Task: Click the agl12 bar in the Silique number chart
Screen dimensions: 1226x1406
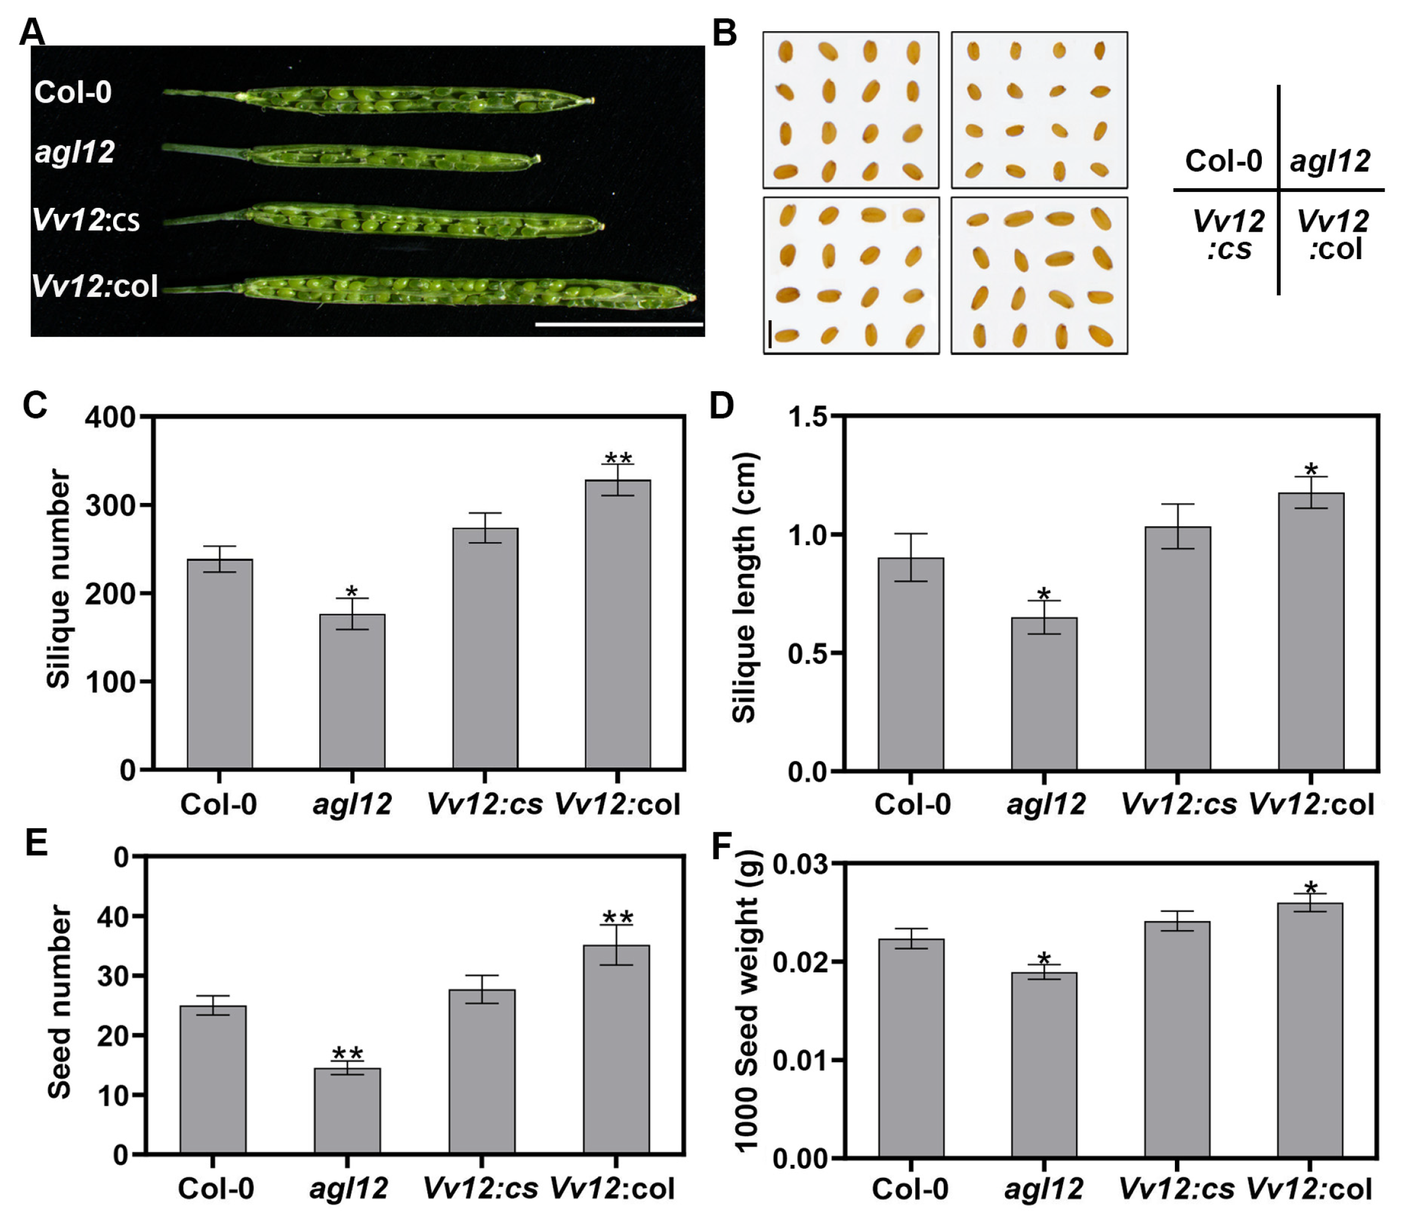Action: [351, 691]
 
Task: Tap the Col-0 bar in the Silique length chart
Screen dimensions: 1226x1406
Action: [911, 664]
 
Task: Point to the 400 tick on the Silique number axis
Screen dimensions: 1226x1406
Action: [109, 417]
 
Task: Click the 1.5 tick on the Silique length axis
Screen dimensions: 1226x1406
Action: [808, 417]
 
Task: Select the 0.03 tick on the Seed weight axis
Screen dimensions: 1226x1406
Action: [800, 864]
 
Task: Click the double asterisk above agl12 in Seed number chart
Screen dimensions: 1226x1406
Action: [348, 1054]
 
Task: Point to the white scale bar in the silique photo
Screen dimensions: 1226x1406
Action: [619, 325]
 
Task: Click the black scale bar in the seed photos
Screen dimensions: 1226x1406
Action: [770, 333]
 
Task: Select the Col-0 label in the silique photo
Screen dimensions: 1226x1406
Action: [73, 92]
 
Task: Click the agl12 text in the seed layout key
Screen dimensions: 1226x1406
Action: [1330, 161]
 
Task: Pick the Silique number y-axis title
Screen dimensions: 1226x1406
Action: [59, 578]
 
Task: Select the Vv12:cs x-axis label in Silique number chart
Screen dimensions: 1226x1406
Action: [484, 804]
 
